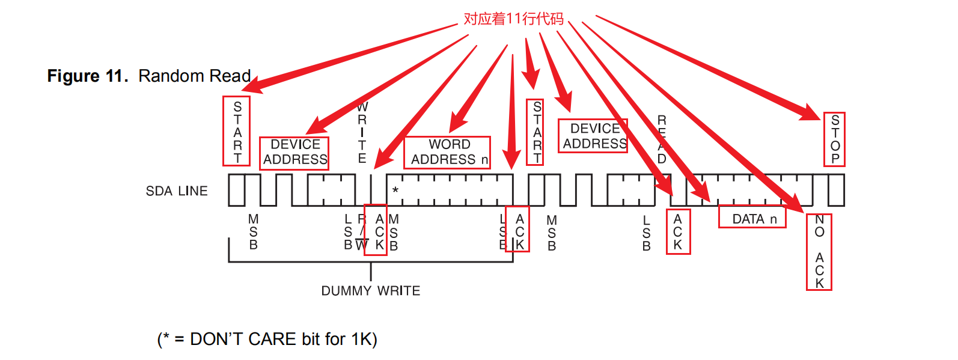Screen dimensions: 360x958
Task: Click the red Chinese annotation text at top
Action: [513, 19]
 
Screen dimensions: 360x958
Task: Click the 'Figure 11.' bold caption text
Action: [87, 76]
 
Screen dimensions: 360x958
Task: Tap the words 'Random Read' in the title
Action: [194, 76]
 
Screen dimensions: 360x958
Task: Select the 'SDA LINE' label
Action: [177, 191]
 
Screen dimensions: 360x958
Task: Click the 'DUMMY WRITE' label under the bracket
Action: [370, 291]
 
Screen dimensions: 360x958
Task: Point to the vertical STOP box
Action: [834, 139]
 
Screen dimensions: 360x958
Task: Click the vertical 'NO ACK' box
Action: [819, 252]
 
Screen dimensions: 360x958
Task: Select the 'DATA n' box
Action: [752, 217]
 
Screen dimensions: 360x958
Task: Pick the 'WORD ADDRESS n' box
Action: [447, 153]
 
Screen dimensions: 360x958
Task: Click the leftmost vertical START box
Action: [236, 131]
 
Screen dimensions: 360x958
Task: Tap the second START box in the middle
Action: [535, 132]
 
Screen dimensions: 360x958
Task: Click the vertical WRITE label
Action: [362, 133]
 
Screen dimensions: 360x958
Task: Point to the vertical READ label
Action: [662, 139]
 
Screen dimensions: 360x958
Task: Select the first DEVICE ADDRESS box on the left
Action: [294, 153]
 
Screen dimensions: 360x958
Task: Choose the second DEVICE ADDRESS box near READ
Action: [593, 136]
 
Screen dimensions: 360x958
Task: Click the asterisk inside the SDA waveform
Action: [395, 191]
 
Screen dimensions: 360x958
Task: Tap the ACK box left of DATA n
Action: [678, 232]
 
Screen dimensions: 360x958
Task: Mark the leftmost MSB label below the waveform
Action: [253, 232]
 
